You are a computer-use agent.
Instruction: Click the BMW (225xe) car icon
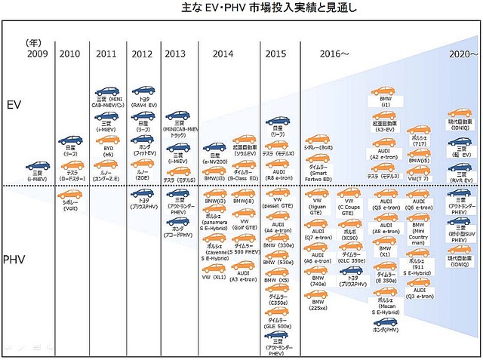(316, 297)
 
